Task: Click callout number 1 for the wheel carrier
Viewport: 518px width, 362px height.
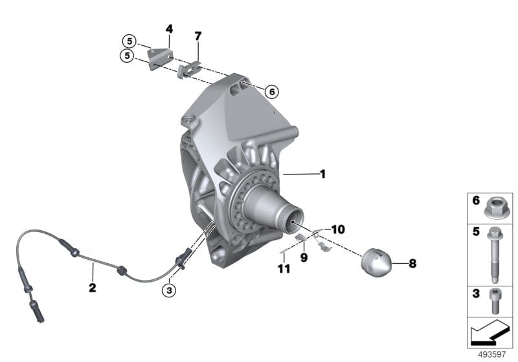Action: (322, 173)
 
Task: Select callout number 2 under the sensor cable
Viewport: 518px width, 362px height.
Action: (93, 288)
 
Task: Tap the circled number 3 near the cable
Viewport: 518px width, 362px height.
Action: (169, 291)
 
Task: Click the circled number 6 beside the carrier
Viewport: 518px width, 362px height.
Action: (271, 92)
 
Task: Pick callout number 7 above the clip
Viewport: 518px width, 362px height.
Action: (198, 35)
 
